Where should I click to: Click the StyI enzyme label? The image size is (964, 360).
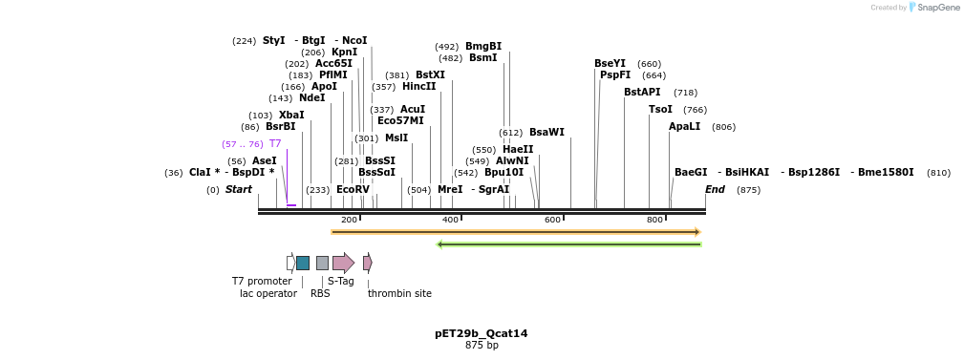(273, 41)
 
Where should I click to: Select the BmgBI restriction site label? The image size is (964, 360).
(482, 47)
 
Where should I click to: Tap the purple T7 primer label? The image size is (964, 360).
(274, 144)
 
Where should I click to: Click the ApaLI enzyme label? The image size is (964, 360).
(684, 127)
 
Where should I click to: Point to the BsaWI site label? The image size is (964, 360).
(546, 133)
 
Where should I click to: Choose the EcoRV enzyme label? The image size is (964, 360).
(353, 190)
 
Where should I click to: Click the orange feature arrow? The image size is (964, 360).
(516, 232)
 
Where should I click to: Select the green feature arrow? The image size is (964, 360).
(568, 244)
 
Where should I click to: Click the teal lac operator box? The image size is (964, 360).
(303, 263)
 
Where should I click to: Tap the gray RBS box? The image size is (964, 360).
(322, 263)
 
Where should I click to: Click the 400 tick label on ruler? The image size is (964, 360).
(450, 221)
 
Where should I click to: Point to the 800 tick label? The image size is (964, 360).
(654, 221)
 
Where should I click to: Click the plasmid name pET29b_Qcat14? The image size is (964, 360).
(481, 334)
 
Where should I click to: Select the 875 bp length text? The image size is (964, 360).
(481, 346)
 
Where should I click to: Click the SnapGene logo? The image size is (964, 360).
(933, 8)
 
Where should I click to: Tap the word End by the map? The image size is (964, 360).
(715, 190)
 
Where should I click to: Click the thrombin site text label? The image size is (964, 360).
(399, 294)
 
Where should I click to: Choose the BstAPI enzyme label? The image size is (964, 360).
(642, 93)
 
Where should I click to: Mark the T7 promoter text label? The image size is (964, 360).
(262, 282)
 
